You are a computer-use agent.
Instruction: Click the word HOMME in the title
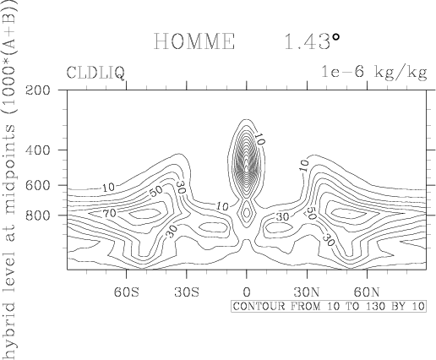click(x=194, y=41)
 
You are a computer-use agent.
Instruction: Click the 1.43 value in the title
click(x=307, y=41)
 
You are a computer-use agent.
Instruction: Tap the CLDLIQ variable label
click(x=95, y=73)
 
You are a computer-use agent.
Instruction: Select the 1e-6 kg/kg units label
click(x=374, y=73)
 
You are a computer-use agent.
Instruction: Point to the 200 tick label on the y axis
click(x=38, y=90)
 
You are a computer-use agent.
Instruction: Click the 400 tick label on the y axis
click(x=38, y=150)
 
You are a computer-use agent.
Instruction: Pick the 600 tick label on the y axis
click(x=38, y=185)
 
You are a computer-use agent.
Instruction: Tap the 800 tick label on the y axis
click(x=38, y=215)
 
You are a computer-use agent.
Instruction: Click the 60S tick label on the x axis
click(x=127, y=292)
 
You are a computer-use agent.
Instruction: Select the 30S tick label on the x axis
click(x=187, y=292)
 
